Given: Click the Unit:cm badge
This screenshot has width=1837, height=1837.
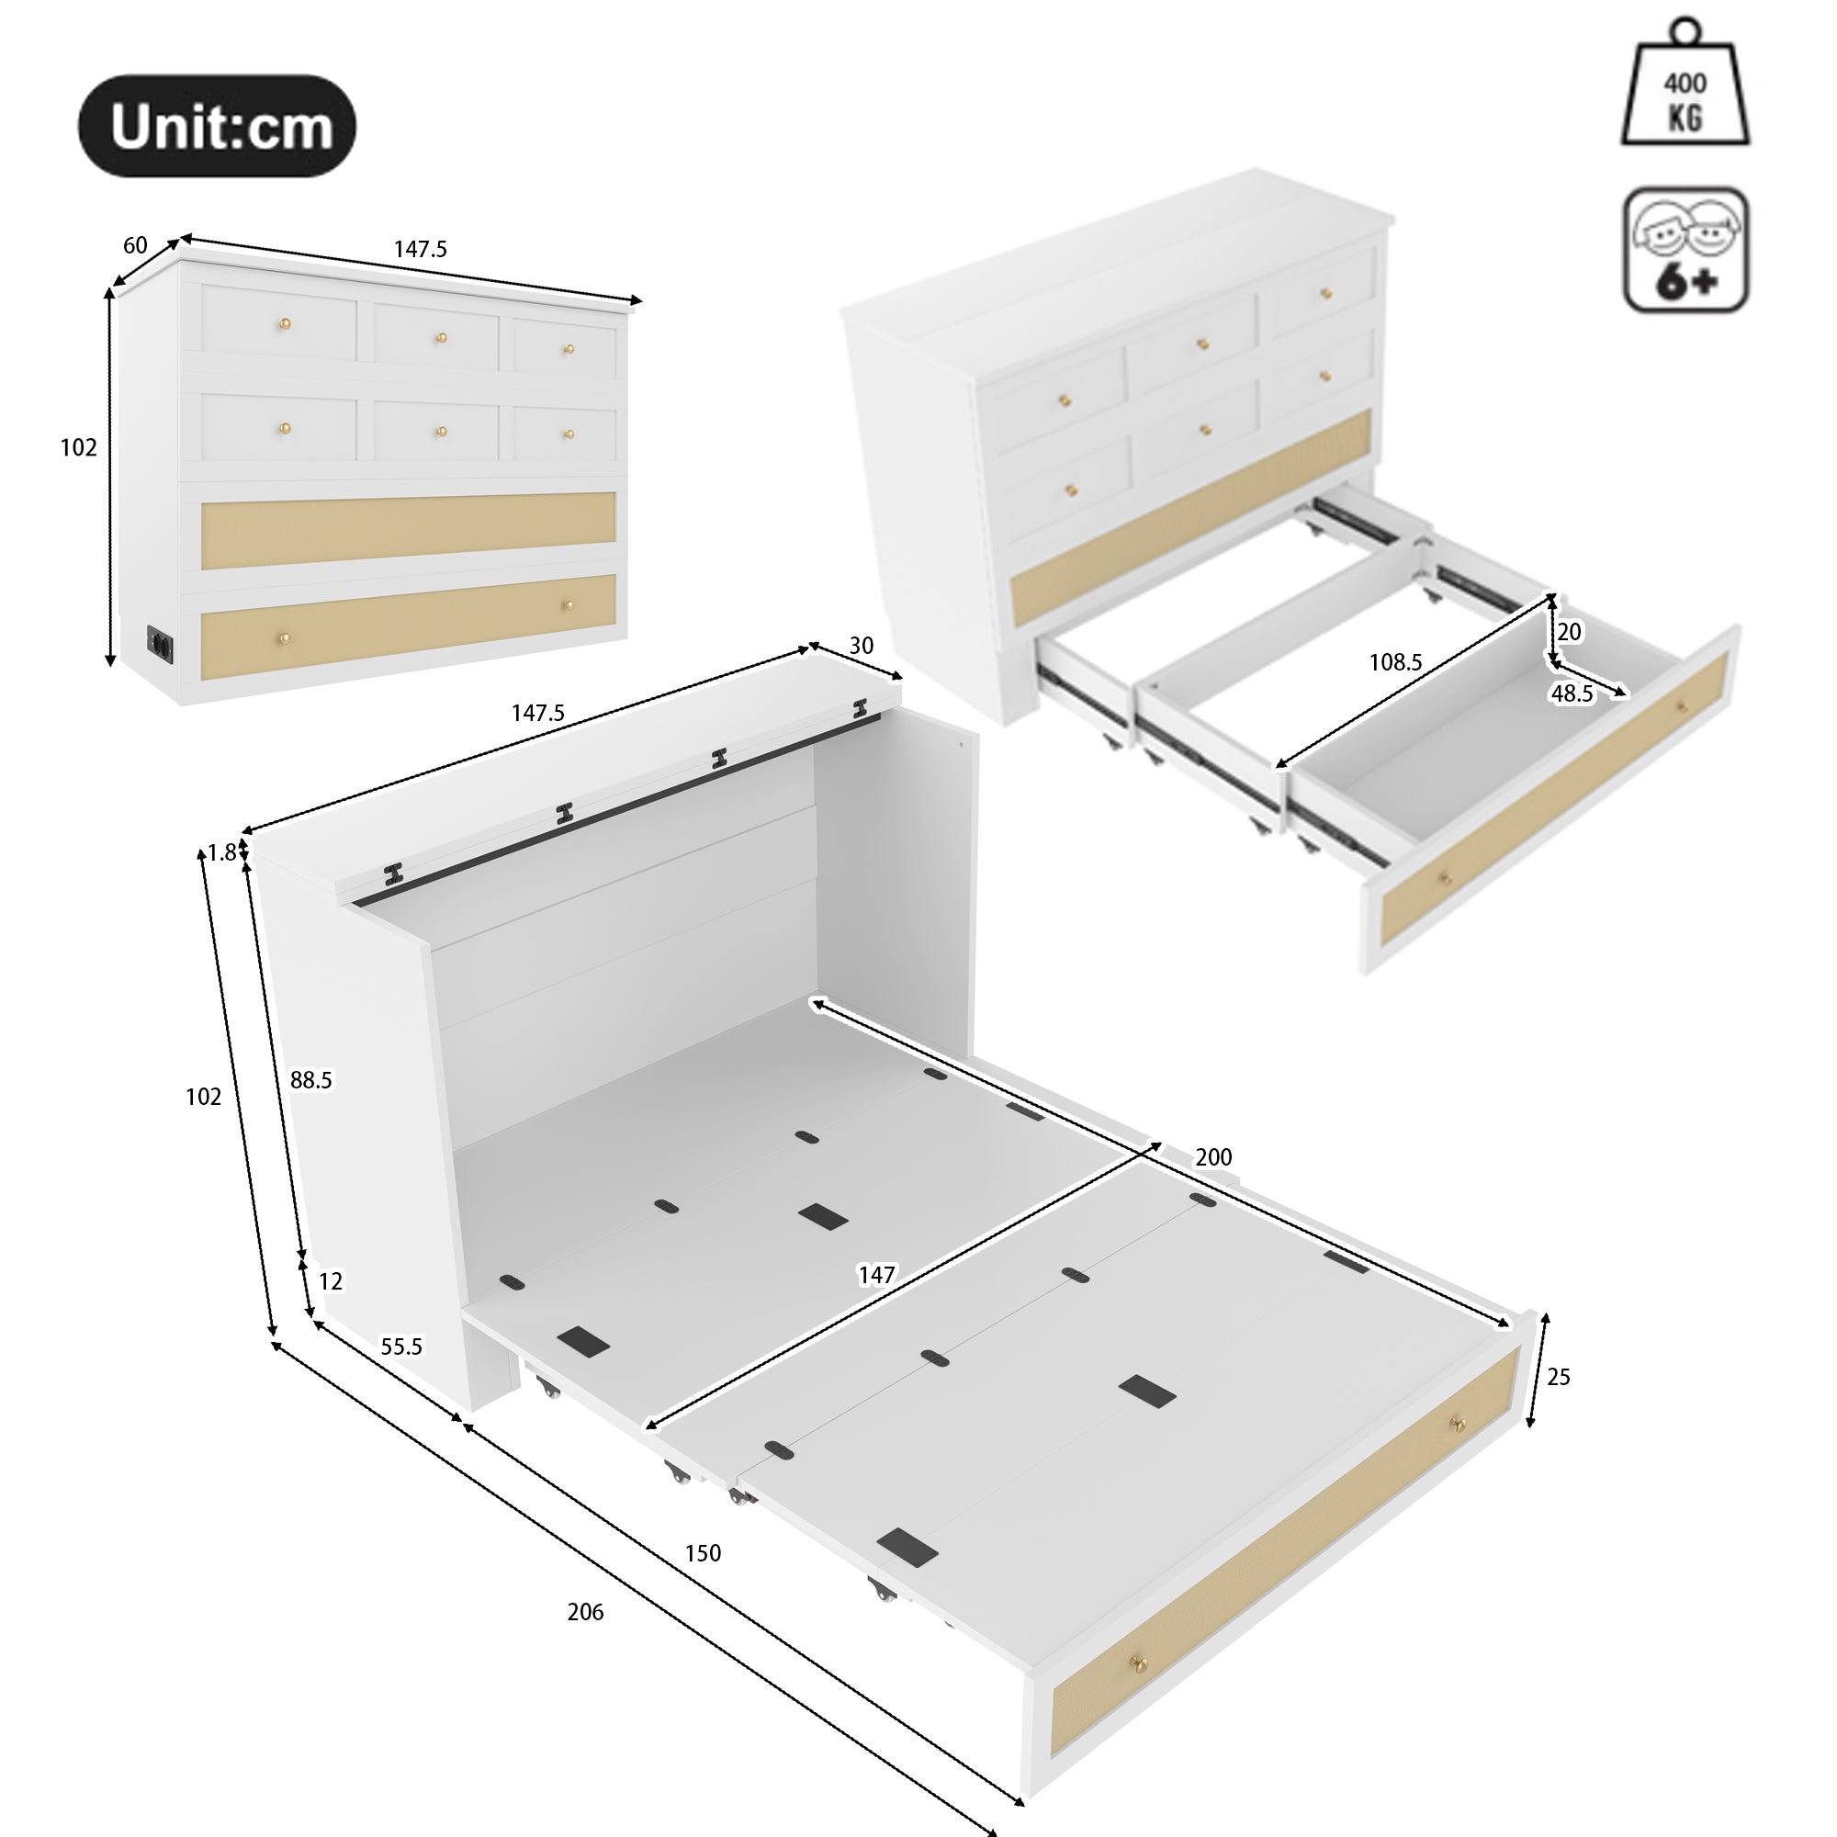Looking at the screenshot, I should (x=217, y=127).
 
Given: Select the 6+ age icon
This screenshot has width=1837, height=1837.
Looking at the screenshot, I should (x=1685, y=250).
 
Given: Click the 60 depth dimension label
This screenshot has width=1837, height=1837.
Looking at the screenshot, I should (x=135, y=245).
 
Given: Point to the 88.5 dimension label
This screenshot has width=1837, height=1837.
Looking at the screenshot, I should (x=311, y=1080).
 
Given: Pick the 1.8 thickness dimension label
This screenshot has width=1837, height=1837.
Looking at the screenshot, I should (x=221, y=854).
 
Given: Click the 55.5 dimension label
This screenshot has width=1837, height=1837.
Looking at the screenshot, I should (x=401, y=1347).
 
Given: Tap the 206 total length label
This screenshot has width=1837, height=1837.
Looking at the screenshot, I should (x=585, y=1612).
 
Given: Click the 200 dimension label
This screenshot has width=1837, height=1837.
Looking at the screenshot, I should (x=1213, y=1157).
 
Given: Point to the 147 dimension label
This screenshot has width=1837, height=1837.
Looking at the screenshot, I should (x=875, y=1275).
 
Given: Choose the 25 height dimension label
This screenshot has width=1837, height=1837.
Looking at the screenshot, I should (x=1559, y=1377).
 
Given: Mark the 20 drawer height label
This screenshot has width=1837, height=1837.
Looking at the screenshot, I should (x=1569, y=631).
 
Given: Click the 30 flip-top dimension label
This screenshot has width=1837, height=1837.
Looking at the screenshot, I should (x=861, y=646).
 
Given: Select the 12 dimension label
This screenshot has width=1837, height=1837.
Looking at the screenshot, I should (x=330, y=1281).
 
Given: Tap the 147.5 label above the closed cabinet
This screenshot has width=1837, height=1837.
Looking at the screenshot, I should (x=421, y=249).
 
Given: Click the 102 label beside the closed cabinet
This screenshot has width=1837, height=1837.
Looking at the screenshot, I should (x=78, y=447).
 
